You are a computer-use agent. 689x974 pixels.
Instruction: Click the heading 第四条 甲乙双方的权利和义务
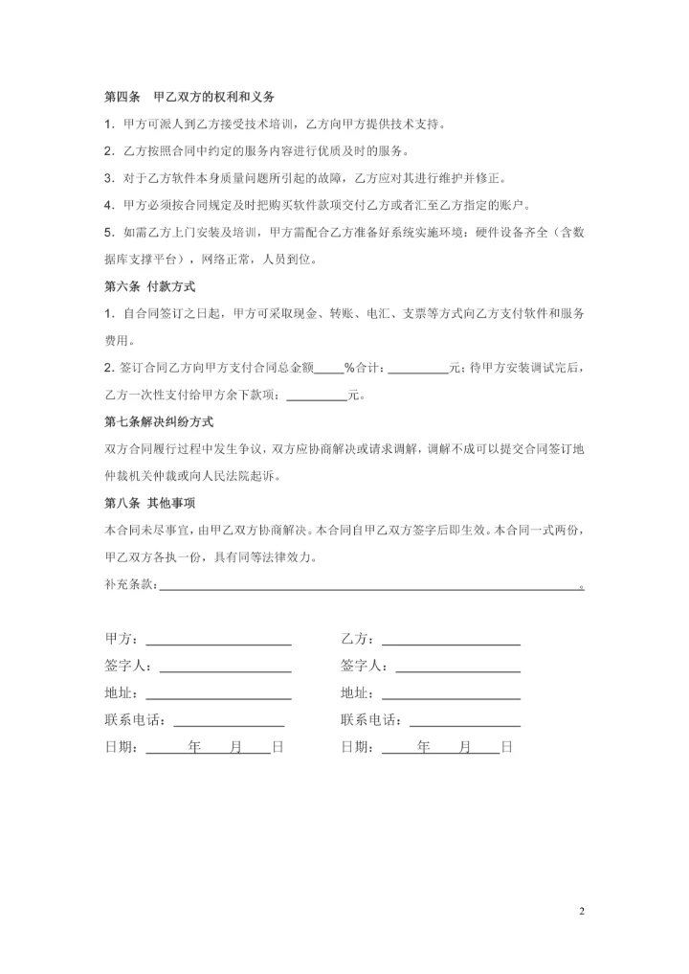pos(189,98)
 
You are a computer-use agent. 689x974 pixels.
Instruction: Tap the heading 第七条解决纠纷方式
pos(158,421)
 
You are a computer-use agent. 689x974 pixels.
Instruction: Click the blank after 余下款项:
pos(317,396)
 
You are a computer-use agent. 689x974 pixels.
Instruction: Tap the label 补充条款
pos(128,584)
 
